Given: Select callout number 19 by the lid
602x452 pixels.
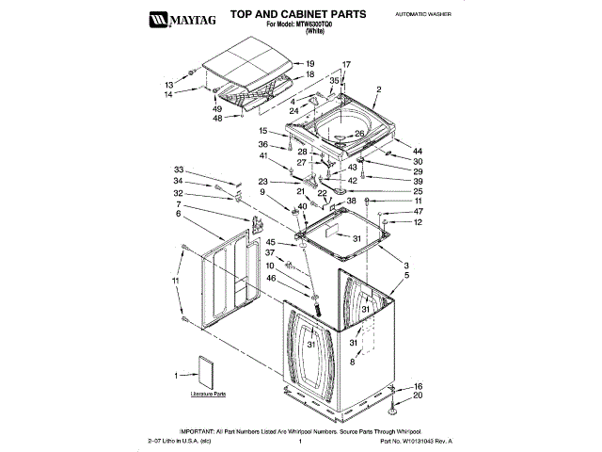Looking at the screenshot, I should [x=310, y=63].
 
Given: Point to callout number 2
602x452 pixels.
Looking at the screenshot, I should [x=378, y=90].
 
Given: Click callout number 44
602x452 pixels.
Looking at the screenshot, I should [x=417, y=152].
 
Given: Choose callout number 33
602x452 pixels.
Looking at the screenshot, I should [x=178, y=169].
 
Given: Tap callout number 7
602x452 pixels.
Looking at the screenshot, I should [x=178, y=204].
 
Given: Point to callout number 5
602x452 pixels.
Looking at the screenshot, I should [x=406, y=275].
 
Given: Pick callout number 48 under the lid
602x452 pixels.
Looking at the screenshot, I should [x=217, y=119].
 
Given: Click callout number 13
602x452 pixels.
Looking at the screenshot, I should [x=170, y=84].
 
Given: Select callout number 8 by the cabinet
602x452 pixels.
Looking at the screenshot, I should [x=353, y=361].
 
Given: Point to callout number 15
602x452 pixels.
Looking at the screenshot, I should [x=263, y=131].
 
